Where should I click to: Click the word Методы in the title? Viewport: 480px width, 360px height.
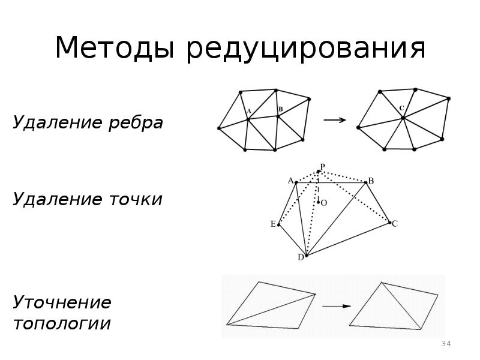click(x=113, y=48)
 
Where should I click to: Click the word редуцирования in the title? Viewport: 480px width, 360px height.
click(x=305, y=49)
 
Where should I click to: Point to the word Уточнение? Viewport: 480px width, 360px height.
click(x=62, y=302)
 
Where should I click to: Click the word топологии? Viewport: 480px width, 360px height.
click(x=62, y=324)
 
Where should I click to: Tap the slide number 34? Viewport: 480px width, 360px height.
click(x=446, y=344)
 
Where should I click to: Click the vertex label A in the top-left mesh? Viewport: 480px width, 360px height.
click(x=248, y=110)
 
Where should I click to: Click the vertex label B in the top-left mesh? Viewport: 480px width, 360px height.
click(x=280, y=109)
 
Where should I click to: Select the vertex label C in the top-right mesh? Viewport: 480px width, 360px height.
click(x=401, y=109)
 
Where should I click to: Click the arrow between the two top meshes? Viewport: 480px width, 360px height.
click(x=335, y=120)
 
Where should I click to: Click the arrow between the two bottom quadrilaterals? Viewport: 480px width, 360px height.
click(x=336, y=306)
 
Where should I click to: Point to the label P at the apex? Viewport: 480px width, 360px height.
click(x=322, y=166)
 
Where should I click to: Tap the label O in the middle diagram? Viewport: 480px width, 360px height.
click(x=324, y=203)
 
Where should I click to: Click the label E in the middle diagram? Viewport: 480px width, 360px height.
click(x=273, y=224)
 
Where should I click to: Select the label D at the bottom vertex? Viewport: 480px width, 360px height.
click(x=301, y=257)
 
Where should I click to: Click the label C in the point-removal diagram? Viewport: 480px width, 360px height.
click(x=395, y=223)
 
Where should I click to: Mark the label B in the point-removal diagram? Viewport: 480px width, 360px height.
click(x=371, y=181)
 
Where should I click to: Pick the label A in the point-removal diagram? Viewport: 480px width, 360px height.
click(x=290, y=180)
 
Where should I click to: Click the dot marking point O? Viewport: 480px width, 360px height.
click(x=319, y=202)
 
